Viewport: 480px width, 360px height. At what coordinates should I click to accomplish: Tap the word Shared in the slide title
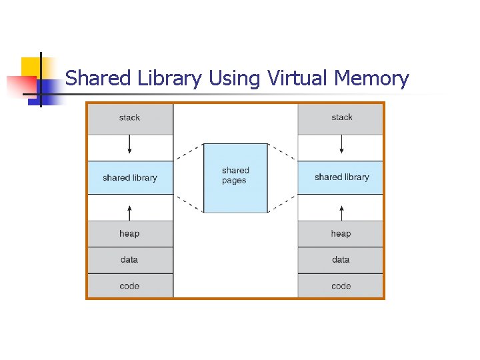(x=98, y=79)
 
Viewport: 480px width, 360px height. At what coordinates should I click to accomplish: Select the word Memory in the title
(x=371, y=79)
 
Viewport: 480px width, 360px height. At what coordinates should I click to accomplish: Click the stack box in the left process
(x=129, y=118)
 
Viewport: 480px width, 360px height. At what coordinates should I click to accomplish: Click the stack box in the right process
(x=341, y=118)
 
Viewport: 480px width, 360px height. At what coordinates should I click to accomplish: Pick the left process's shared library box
(x=129, y=178)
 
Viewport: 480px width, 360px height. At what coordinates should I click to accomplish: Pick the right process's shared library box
(x=341, y=177)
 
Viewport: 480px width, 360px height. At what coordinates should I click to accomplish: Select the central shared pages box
(x=235, y=177)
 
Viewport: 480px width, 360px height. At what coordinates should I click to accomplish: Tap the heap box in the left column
(x=129, y=234)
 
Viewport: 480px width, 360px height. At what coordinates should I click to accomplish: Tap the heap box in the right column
(x=341, y=234)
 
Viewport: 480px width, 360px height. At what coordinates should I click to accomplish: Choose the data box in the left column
(x=129, y=260)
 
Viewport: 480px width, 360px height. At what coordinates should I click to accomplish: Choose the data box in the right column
(x=341, y=260)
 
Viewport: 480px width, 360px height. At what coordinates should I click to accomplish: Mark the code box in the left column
(x=129, y=286)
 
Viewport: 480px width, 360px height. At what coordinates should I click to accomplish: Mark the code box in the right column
(x=341, y=286)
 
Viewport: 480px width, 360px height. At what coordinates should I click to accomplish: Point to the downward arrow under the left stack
(x=130, y=145)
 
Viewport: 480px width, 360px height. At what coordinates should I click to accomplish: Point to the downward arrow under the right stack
(x=341, y=145)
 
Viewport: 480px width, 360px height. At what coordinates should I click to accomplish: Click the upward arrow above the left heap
(x=130, y=212)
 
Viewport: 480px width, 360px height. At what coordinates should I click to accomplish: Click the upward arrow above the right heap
(x=341, y=212)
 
